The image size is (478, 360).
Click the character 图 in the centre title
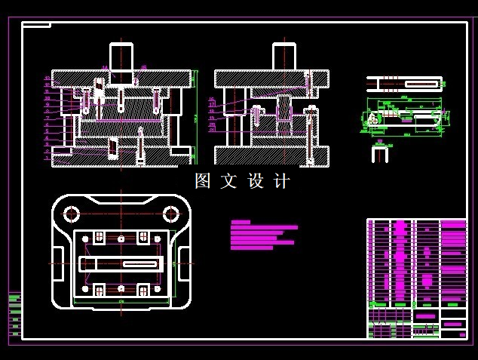(x=202, y=181)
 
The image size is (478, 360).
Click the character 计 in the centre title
(x=282, y=181)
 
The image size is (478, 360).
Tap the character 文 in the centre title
(x=228, y=181)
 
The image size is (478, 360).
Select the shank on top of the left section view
(x=121, y=56)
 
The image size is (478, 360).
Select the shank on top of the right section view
(x=284, y=56)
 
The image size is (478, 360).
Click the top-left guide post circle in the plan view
(x=72, y=214)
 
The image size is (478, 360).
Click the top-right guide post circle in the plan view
(x=169, y=214)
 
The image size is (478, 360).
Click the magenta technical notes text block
(x=262, y=235)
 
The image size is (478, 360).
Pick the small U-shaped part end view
(x=379, y=154)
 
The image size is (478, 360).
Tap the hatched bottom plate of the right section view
(x=271, y=155)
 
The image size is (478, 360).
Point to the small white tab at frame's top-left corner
(x=36, y=25)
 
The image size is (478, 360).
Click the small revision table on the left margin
(x=14, y=313)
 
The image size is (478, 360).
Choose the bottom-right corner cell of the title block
(x=453, y=334)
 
